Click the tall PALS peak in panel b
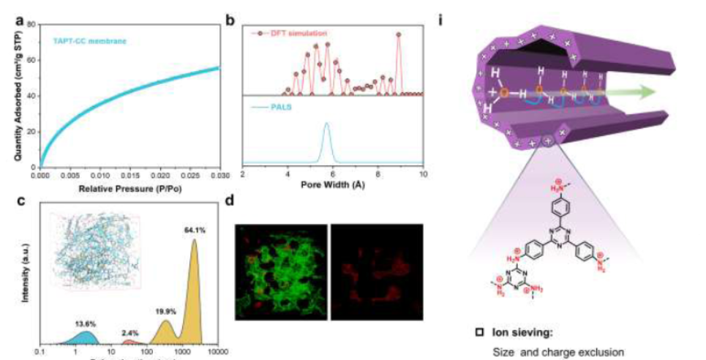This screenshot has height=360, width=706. (x=326, y=127)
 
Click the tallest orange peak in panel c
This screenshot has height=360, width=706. (x=194, y=245)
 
